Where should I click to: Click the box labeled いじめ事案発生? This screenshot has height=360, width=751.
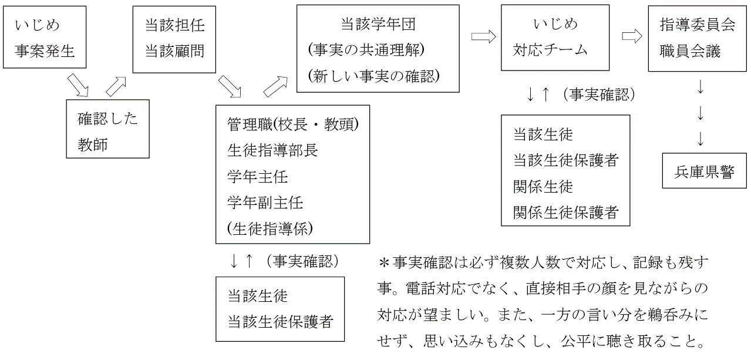coord(45,37)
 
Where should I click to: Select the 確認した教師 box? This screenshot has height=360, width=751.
coord(107,129)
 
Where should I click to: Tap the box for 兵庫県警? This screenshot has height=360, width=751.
coord(705,171)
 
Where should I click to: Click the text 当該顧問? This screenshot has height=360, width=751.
coord(174,51)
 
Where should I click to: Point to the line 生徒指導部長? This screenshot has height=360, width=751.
coord(272,150)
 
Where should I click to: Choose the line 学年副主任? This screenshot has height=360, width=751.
coord(265,203)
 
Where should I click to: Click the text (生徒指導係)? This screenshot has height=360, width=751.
coord(270,228)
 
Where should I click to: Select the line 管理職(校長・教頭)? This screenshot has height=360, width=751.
coord(293,125)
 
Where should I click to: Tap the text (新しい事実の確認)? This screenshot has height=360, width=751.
coord(374,76)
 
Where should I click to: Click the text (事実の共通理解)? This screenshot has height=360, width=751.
coord(366,50)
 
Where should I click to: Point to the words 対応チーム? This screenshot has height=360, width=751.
coord(550,50)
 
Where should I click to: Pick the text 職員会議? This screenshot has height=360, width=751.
coord(690,51)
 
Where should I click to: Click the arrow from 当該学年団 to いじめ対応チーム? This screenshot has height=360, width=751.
coord(483,36)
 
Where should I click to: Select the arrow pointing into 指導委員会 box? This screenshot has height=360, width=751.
coord(632,36)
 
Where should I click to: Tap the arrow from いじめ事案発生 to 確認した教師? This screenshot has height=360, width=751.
coord(78,85)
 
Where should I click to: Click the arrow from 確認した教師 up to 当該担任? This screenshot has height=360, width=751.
coord(116,86)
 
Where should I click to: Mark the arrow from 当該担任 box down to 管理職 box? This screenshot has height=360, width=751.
coord(230,86)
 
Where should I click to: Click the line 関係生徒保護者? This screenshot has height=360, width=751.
coord(566,212)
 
